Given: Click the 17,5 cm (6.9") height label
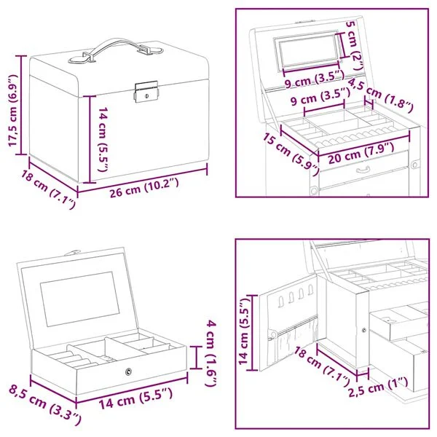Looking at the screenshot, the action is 13,110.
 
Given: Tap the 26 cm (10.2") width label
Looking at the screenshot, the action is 143,188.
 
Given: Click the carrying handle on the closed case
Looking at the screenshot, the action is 116,50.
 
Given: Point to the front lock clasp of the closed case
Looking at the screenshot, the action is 146,92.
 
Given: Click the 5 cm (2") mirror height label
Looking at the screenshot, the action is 355,46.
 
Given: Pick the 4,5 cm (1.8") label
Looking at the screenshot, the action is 381,95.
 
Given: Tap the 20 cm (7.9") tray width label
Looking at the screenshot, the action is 361,153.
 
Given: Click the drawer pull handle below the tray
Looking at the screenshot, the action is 364,169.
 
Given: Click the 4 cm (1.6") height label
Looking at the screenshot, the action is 211,354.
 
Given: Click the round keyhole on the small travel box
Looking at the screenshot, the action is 128,371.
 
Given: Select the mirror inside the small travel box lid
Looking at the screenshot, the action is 80,299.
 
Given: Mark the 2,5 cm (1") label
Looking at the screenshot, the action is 379,388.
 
